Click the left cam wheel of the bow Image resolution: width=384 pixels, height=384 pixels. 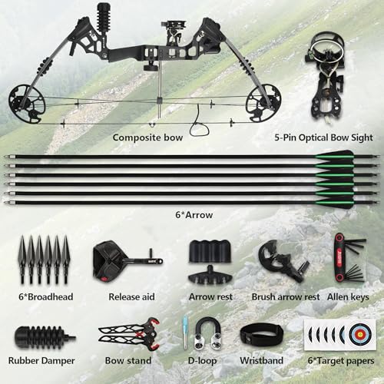click(27, 104)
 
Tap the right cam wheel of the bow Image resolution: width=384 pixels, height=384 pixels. click(263, 103)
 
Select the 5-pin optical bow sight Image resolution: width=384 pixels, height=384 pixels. click(326, 77)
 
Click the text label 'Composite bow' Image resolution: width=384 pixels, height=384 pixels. click(147, 137)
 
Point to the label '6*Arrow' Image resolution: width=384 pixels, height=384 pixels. click(194, 215)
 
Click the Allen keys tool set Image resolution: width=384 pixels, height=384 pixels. click(349, 258)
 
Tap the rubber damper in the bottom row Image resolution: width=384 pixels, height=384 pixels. click(44, 338)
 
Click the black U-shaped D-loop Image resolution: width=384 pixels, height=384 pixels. click(208, 333)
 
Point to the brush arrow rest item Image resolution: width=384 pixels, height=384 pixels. click(283, 260)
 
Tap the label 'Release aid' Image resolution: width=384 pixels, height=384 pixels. click(131, 296)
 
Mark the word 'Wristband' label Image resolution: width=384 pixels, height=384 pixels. click(261, 360)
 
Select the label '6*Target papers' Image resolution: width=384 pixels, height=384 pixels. click(341, 361)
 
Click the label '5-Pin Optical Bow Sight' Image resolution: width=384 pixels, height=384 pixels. click(323, 137)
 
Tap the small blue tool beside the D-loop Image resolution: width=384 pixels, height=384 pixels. click(185, 333)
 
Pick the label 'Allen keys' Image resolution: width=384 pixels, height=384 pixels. click(348, 297)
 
